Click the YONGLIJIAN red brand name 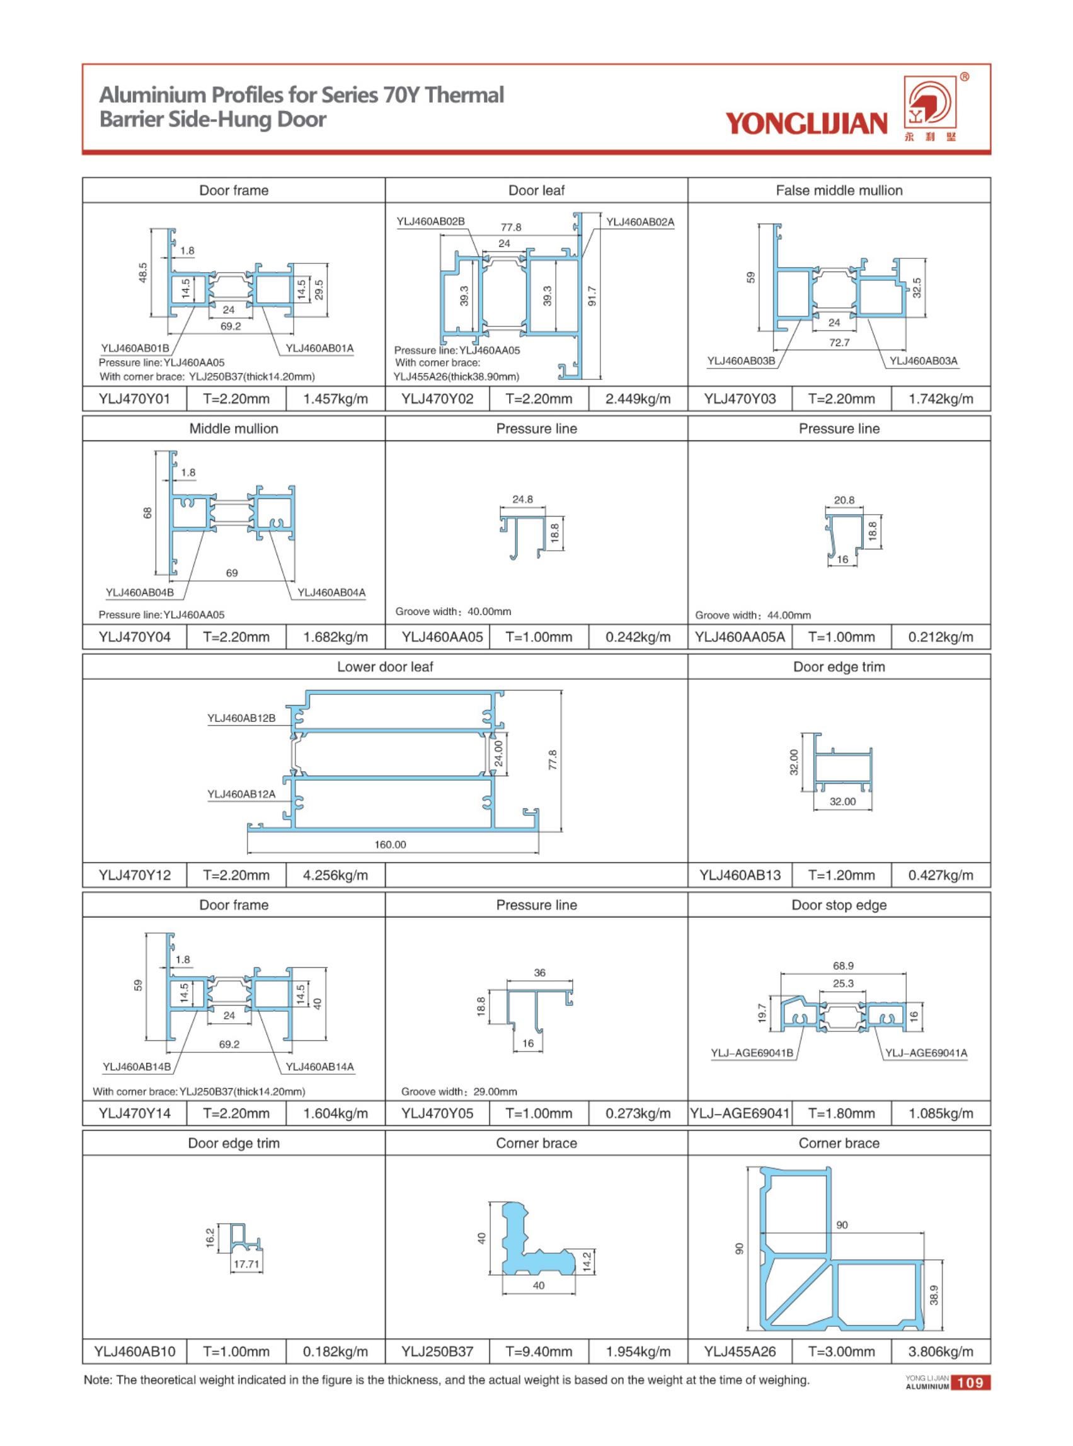(x=806, y=123)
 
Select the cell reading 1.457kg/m (x=335, y=399)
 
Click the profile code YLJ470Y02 (x=437, y=399)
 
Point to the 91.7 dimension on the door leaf (x=592, y=296)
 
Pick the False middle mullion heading (x=839, y=190)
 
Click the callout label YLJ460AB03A (x=923, y=361)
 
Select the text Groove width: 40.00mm (x=453, y=611)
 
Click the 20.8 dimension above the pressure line (x=844, y=500)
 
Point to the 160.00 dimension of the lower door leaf (x=391, y=844)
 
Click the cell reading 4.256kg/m (x=335, y=875)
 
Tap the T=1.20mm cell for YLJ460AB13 (x=841, y=875)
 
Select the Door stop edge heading (x=839, y=905)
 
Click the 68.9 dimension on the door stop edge (x=843, y=966)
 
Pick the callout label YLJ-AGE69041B (x=752, y=1052)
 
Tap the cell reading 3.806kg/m (x=941, y=1352)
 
